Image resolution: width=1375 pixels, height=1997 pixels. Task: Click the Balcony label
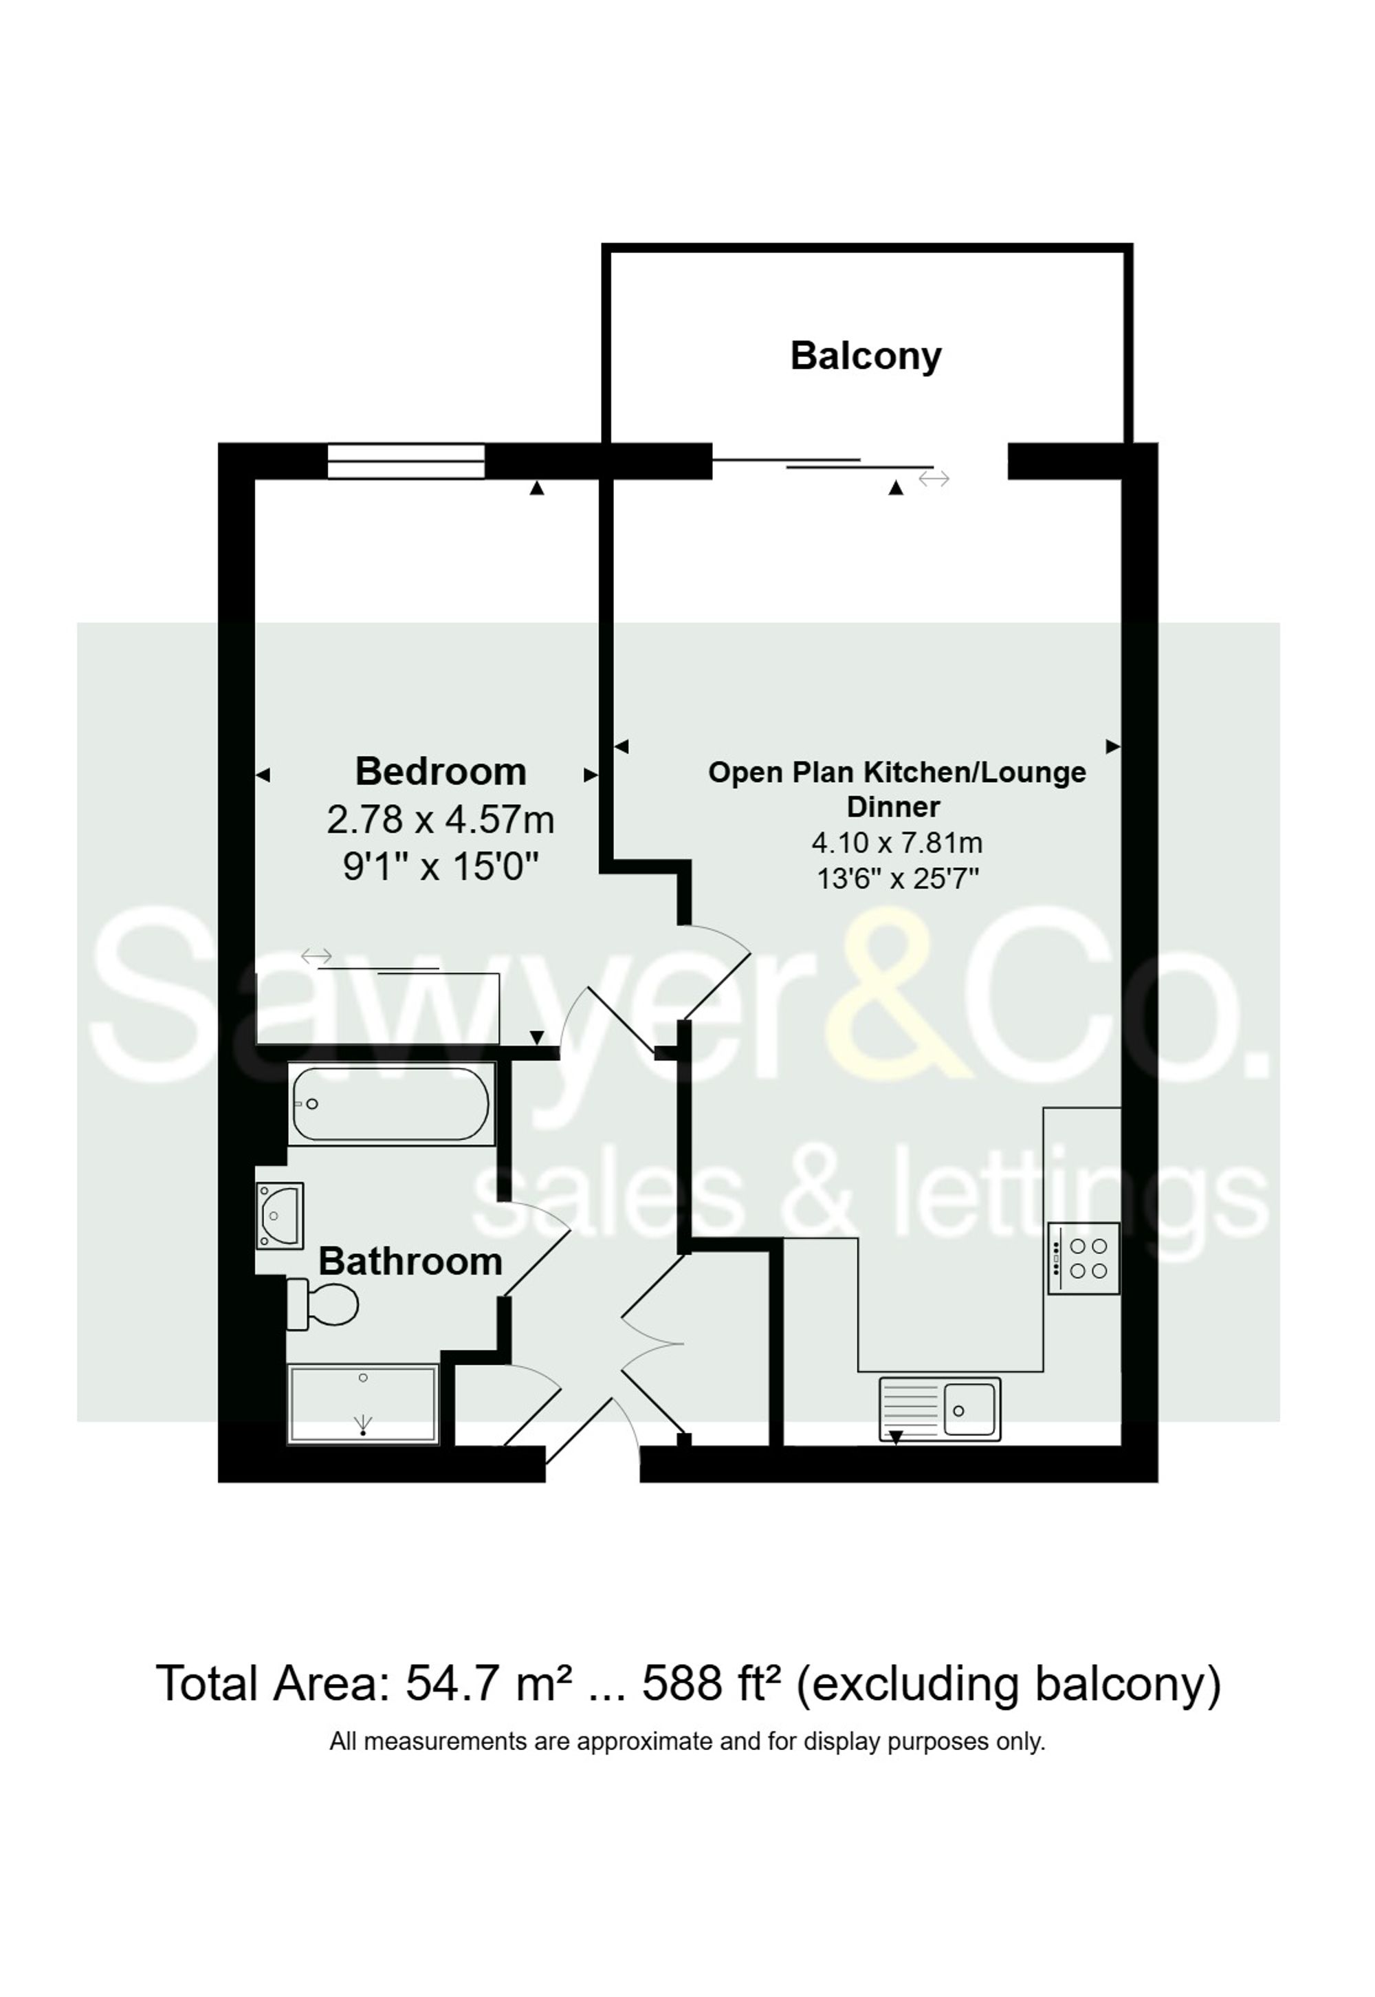866,356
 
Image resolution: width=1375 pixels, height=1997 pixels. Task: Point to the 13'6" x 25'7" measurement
898,879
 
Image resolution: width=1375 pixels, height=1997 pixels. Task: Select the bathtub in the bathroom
391,1104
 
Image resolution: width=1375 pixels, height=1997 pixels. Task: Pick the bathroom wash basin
280,1216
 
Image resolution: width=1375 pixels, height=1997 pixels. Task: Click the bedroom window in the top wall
406,461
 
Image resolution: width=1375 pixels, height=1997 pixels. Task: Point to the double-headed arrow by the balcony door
934,478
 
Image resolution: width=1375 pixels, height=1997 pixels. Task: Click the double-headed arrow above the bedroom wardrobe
316,956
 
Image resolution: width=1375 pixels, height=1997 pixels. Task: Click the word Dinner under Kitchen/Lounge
893,807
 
